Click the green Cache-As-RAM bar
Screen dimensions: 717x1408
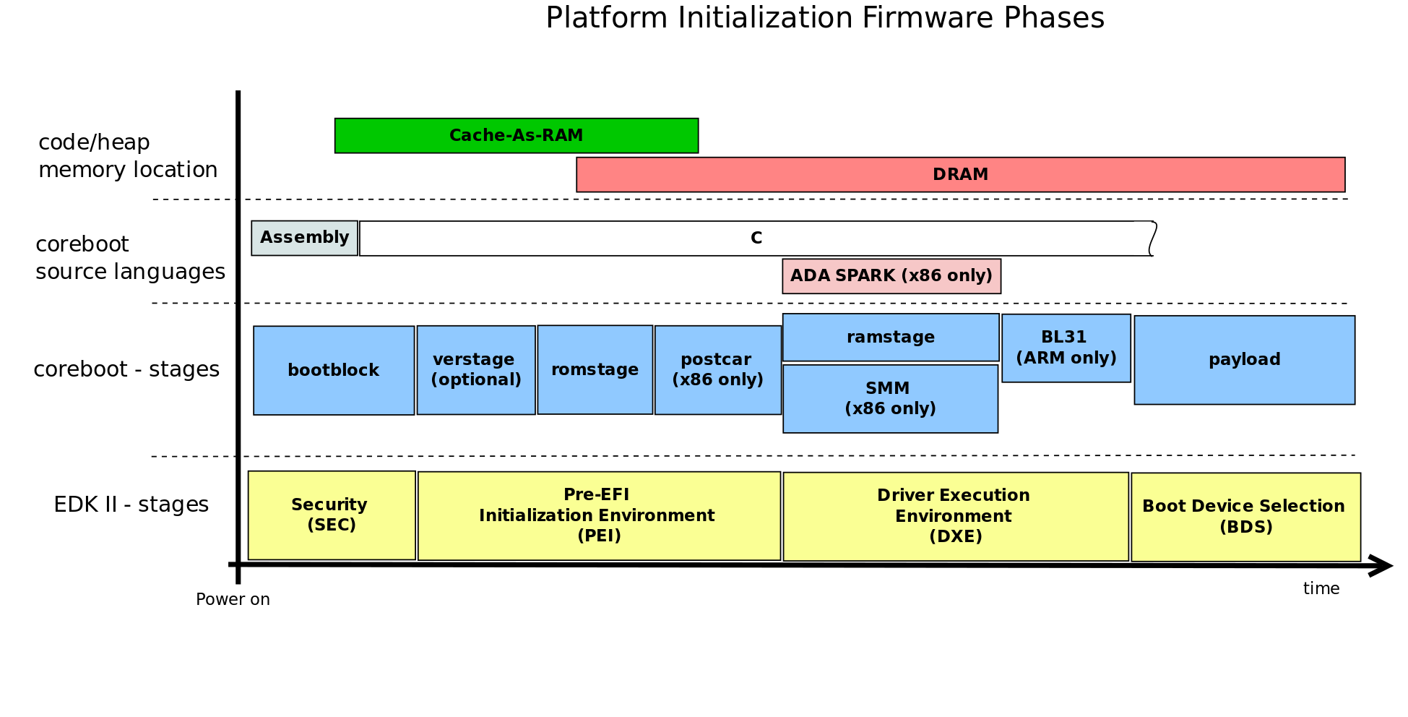point(516,136)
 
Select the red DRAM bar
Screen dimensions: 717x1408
point(960,175)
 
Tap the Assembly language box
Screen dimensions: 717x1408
point(304,238)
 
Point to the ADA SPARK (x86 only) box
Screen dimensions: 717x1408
point(891,276)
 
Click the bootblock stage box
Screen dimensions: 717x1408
point(333,370)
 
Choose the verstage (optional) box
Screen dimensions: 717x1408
point(475,369)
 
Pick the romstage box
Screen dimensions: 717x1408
point(595,369)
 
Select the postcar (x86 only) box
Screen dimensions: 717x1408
point(717,369)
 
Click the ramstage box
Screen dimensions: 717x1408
point(890,337)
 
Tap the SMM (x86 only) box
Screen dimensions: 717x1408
point(890,398)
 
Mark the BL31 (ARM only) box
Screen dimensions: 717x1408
point(1066,348)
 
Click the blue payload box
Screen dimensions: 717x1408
point(1244,359)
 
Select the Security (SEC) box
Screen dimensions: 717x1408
point(331,515)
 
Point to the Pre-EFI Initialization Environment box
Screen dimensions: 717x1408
point(598,515)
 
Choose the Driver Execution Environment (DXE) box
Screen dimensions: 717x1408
point(955,516)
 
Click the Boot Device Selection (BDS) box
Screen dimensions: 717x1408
point(1245,517)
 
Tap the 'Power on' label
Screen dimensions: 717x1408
point(233,599)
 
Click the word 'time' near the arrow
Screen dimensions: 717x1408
point(1321,588)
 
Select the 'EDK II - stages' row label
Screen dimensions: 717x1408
point(131,505)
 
